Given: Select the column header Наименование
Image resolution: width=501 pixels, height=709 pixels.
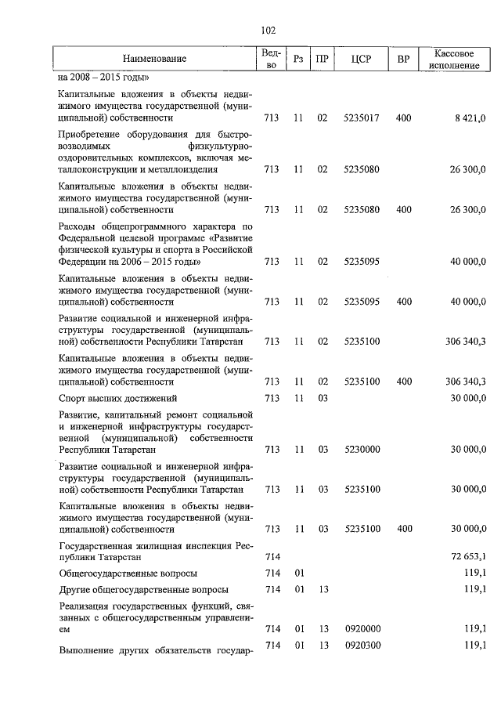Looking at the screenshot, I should [x=154, y=60].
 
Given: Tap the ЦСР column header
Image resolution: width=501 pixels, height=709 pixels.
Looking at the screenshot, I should [x=361, y=60].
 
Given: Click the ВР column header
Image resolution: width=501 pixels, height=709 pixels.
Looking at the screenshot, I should [x=404, y=60].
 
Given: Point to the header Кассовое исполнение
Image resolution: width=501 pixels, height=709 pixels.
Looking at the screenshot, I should [x=453, y=60].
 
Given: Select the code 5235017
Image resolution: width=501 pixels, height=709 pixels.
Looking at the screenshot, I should [x=361, y=118].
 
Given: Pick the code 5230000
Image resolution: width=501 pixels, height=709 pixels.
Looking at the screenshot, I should [x=361, y=450].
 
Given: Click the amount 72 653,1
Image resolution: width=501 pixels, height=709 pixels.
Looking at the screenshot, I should [x=467, y=556].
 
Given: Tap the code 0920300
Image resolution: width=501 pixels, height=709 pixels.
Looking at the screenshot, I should [x=361, y=645].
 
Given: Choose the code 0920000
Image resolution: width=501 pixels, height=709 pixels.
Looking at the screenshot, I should [x=361, y=628].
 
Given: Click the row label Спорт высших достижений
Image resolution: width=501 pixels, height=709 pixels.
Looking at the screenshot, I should [x=111, y=398].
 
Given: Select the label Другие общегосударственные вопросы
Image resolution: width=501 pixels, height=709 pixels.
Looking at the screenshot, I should [x=143, y=588].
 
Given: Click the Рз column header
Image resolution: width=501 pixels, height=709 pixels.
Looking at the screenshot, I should [x=297, y=60].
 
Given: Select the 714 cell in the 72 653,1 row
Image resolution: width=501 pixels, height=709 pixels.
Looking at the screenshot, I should [x=272, y=556].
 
